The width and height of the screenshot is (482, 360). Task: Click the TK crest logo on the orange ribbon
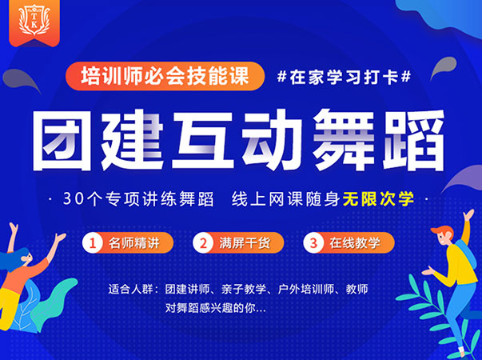click(x=34, y=20)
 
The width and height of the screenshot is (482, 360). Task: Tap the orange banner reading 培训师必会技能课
click(x=165, y=76)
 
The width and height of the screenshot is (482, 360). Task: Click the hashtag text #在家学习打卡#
click(x=344, y=77)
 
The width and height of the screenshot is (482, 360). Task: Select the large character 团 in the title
click(x=63, y=140)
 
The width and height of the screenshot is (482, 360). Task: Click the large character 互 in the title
click(x=203, y=140)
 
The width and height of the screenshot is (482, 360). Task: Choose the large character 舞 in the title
click(x=344, y=140)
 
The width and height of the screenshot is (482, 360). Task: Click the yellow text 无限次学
click(x=379, y=198)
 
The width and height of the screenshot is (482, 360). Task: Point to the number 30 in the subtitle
click(x=74, y=199)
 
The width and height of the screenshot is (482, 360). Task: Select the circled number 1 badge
click(x=93, y=243)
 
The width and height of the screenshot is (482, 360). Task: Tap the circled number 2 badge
click(x=203, y=243)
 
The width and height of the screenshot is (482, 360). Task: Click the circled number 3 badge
click(x=313, y=243)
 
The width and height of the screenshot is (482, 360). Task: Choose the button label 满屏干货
click(x=245, y=243)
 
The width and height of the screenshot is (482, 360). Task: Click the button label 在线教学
click(x=355, y=243)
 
